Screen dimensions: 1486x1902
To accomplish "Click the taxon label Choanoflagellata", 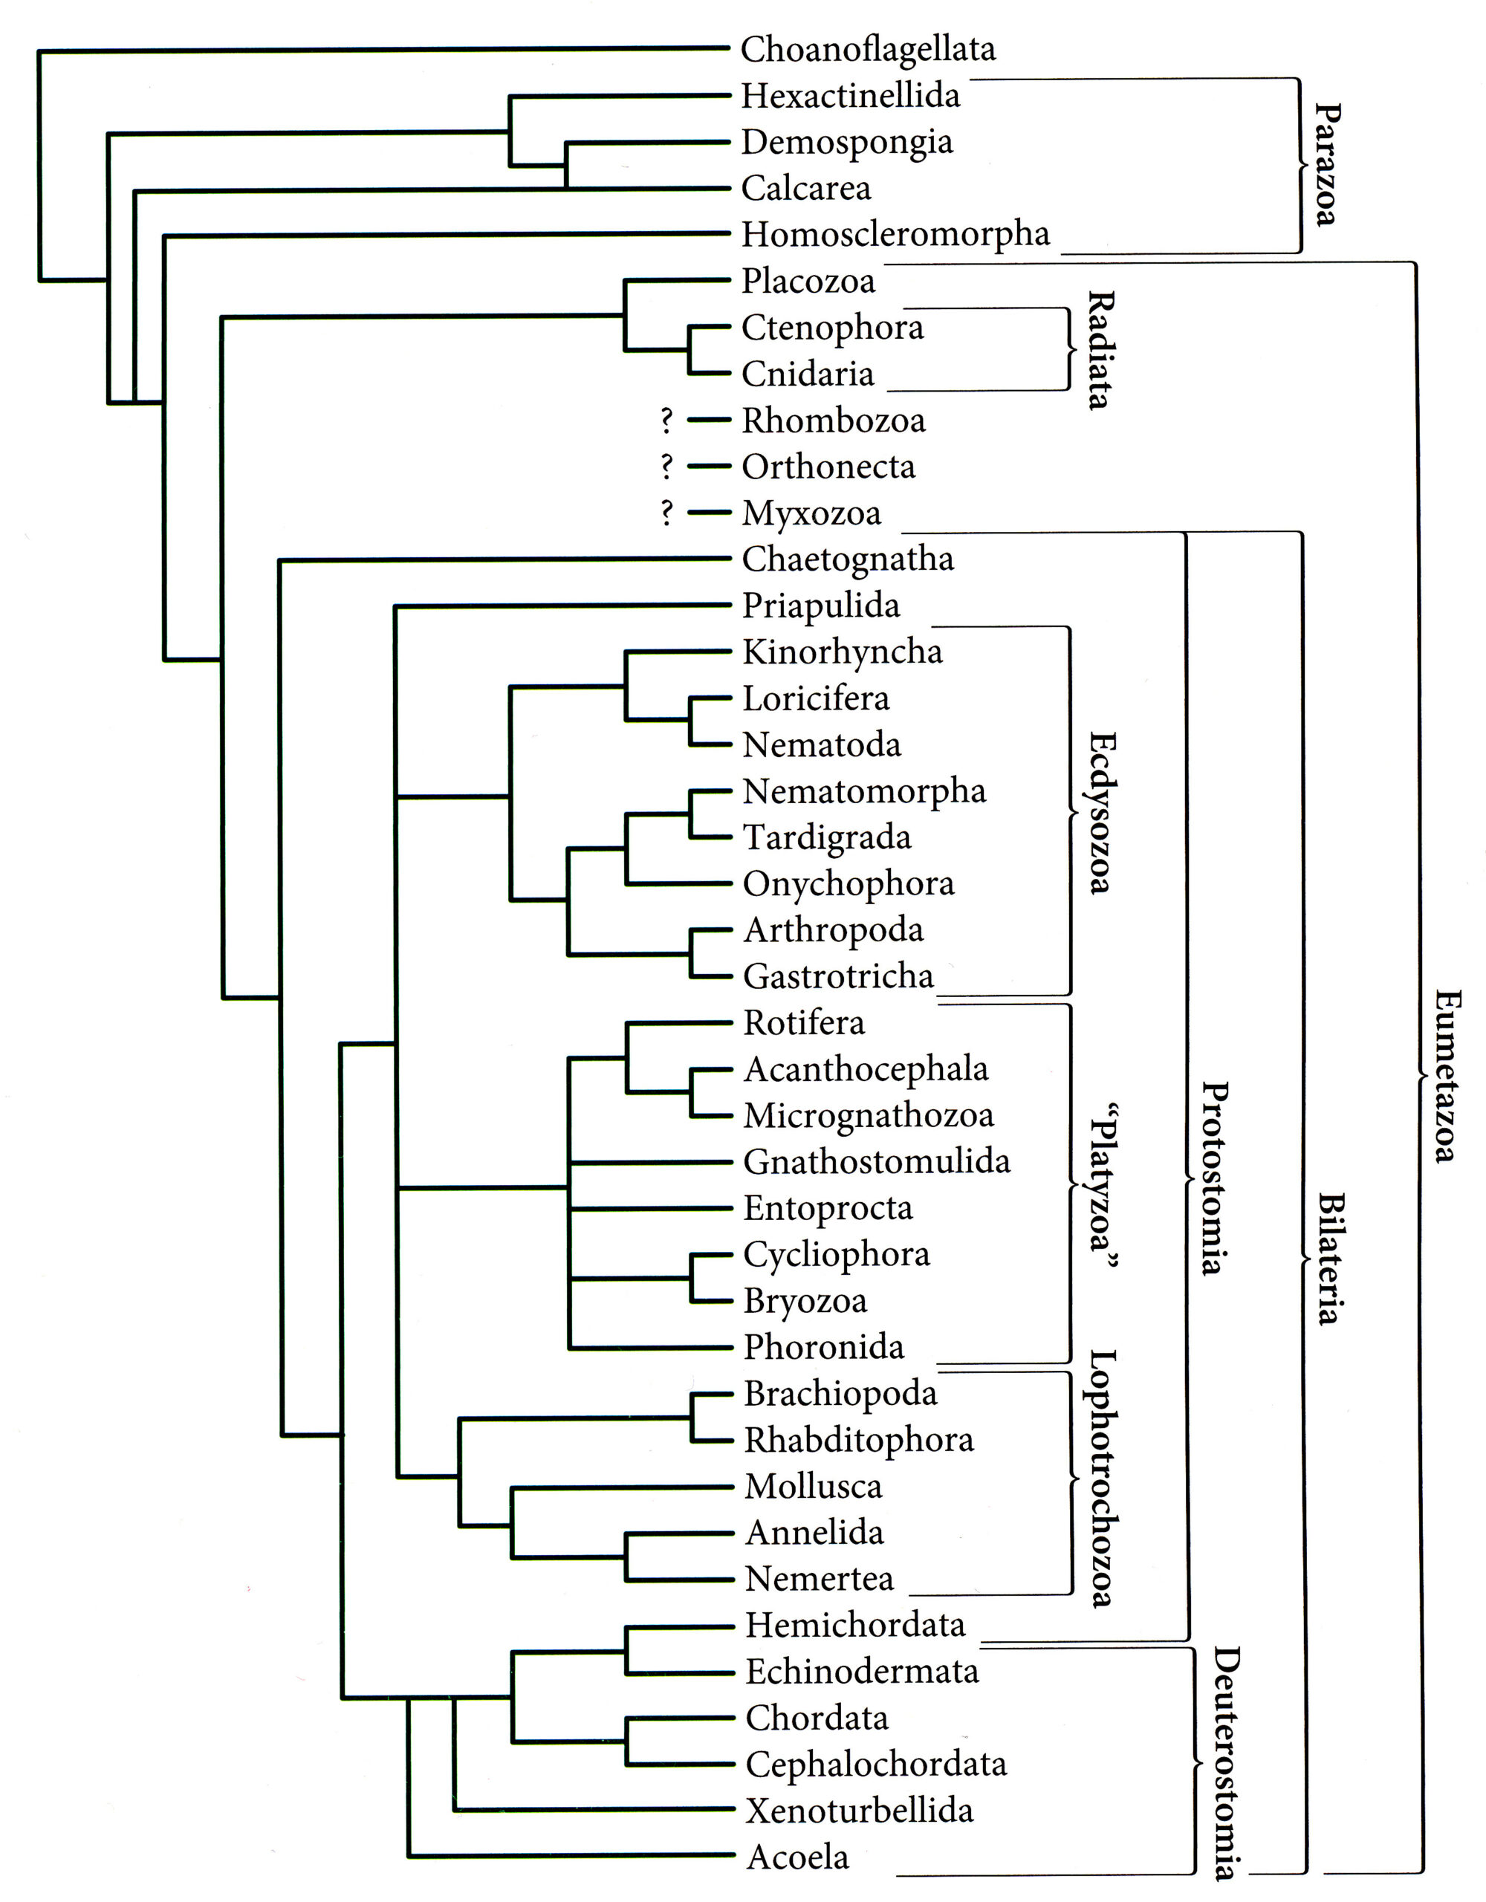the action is (868, 51).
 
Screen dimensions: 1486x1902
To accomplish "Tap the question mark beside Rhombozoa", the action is (667, 421).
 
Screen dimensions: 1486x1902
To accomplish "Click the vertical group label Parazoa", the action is (1326, 165).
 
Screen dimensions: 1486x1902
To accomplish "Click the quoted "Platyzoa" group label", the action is (1103, 1190).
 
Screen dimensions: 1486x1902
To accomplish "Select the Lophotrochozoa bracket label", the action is (1103, 1479).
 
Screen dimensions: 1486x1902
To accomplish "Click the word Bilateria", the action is (1330, 1259).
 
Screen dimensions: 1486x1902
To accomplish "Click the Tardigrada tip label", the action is (827, 838).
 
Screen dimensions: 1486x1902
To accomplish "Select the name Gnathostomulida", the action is (876, 1162).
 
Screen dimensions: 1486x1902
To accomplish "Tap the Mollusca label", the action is (814, 1486).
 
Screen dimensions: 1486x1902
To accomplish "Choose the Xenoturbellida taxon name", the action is (860, 1811).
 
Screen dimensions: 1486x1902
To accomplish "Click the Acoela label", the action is (798, 1857).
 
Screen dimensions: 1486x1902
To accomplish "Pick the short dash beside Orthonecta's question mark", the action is (709, 467).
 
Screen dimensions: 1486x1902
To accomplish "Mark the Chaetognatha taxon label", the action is (848, 560).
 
